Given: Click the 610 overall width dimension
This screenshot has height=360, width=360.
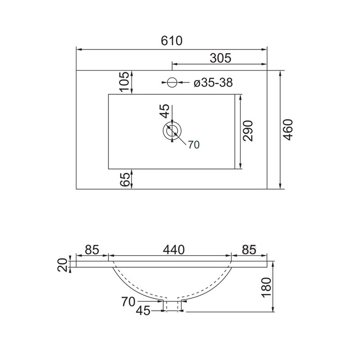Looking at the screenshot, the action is (171, 40).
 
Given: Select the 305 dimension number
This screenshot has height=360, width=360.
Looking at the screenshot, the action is (220, 58).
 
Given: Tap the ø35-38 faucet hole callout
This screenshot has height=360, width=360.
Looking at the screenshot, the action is (213, 82).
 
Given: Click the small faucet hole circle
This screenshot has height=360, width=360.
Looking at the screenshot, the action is (172, 82).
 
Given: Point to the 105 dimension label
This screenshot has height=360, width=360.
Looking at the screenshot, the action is (125, 82).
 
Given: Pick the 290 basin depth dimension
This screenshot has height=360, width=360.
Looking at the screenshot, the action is (248, 131).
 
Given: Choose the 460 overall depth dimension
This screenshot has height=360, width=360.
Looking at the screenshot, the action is (288, 130).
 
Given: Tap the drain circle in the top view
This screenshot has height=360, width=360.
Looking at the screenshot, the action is (172, 131).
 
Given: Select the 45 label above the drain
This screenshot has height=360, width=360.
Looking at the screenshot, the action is (165, 111).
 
